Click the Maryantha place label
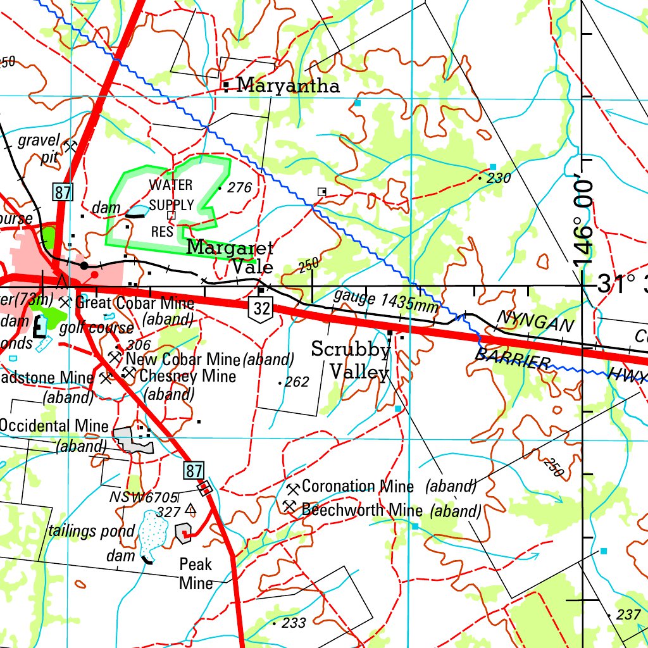(288, 85)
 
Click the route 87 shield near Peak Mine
(195, 470)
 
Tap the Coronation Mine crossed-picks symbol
(292, 489)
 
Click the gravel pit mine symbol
(70, 147)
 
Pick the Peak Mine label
(196, 573)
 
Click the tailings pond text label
(91, 530)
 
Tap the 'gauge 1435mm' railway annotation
(385, 301)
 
